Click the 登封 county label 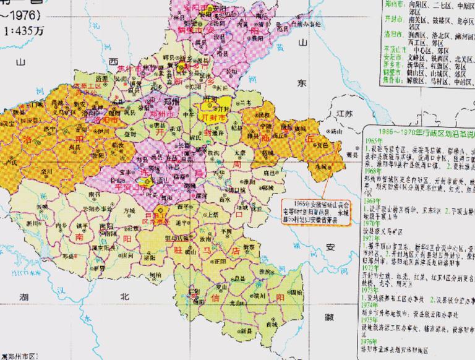click(x=130, y=133)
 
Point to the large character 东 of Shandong click(x=303, y=82)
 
